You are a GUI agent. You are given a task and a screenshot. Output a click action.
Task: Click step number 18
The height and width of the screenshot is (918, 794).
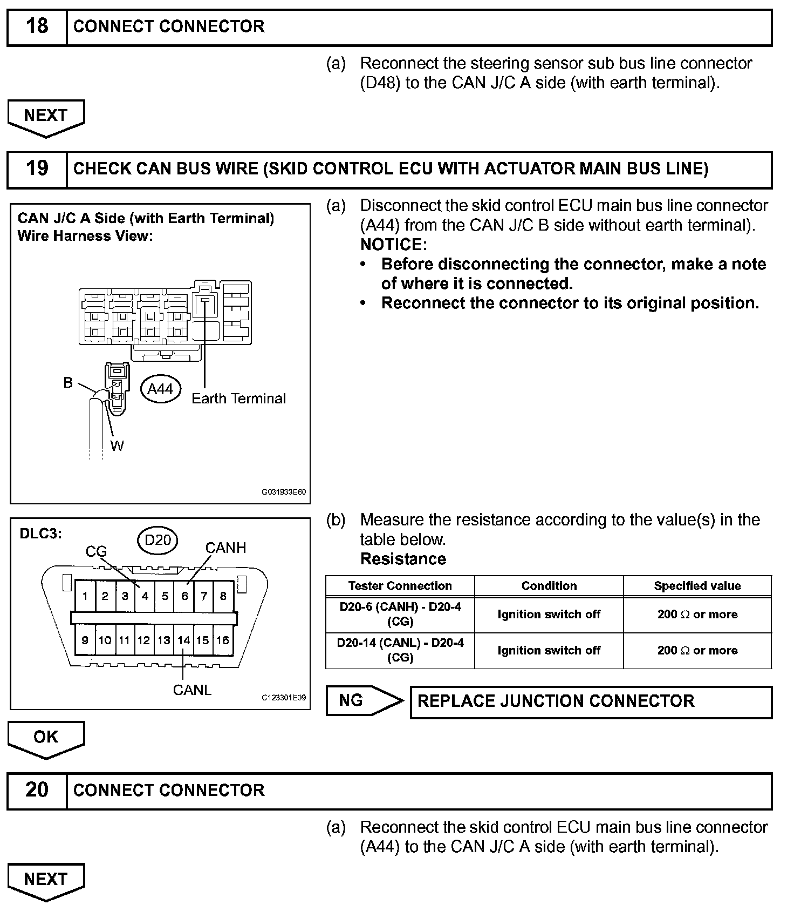point(37,26)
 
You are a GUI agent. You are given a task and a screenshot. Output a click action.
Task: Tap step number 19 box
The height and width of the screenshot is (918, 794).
point(37,169)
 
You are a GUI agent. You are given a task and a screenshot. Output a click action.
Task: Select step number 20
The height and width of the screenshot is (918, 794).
point(37,790)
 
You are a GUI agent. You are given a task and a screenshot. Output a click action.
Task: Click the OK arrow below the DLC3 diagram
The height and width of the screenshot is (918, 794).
point(46,738)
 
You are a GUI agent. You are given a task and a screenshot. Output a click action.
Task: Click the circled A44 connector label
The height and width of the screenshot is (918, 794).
point(160,389)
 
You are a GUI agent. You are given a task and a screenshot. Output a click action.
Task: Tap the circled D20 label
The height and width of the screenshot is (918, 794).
point(158,539)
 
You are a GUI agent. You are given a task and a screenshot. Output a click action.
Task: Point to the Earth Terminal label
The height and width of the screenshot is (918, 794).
point(238,399)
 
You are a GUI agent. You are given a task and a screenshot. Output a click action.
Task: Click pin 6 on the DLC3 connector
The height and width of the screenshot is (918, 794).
point(184,596)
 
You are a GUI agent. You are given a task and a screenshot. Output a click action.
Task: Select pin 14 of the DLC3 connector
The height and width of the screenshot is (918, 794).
point(184,640)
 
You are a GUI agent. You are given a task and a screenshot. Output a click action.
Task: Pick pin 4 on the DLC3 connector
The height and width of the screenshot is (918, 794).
point(145,596)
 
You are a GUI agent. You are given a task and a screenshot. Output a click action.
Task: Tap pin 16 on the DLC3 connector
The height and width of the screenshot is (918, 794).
point(223,640)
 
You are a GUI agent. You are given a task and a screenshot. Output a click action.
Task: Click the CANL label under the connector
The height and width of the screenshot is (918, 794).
point(192,690)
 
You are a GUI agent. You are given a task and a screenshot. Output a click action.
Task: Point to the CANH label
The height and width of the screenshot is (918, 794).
point(225,548)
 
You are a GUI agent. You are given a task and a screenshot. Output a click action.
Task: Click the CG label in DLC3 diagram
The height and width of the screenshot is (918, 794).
point(97,551)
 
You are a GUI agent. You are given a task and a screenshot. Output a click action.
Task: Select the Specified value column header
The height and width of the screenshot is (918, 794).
point(697,586)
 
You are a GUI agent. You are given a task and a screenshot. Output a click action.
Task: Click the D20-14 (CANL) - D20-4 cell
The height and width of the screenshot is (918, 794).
point(400,650)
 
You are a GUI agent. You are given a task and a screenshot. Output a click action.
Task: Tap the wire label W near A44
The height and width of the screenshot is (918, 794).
point(117,446)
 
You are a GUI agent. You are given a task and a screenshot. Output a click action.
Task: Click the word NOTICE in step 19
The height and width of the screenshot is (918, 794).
point(393,245)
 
